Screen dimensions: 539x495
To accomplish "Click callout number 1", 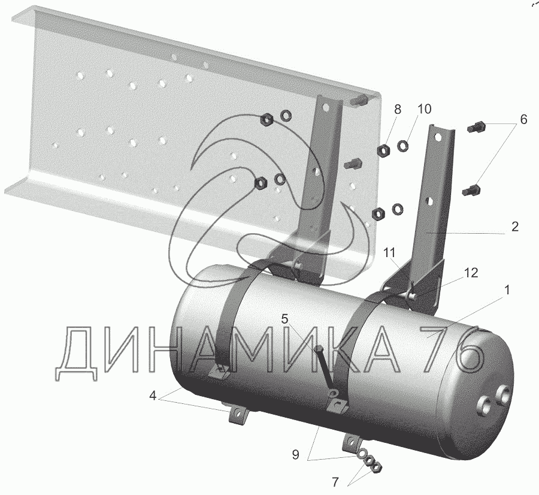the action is (507, 290).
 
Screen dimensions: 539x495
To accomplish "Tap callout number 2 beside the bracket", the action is (514, 227).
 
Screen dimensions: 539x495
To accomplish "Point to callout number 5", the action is (285, 318).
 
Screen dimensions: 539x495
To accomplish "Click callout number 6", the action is (523, 120).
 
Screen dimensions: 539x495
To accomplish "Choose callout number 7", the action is (335, 481).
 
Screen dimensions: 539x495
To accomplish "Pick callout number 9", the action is (295, 455).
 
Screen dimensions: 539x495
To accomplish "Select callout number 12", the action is (471, 273).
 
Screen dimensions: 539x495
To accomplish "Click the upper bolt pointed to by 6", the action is (477, 127).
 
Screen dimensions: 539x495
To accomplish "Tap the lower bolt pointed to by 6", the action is (471, 191).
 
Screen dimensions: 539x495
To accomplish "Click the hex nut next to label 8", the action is (383, 150).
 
